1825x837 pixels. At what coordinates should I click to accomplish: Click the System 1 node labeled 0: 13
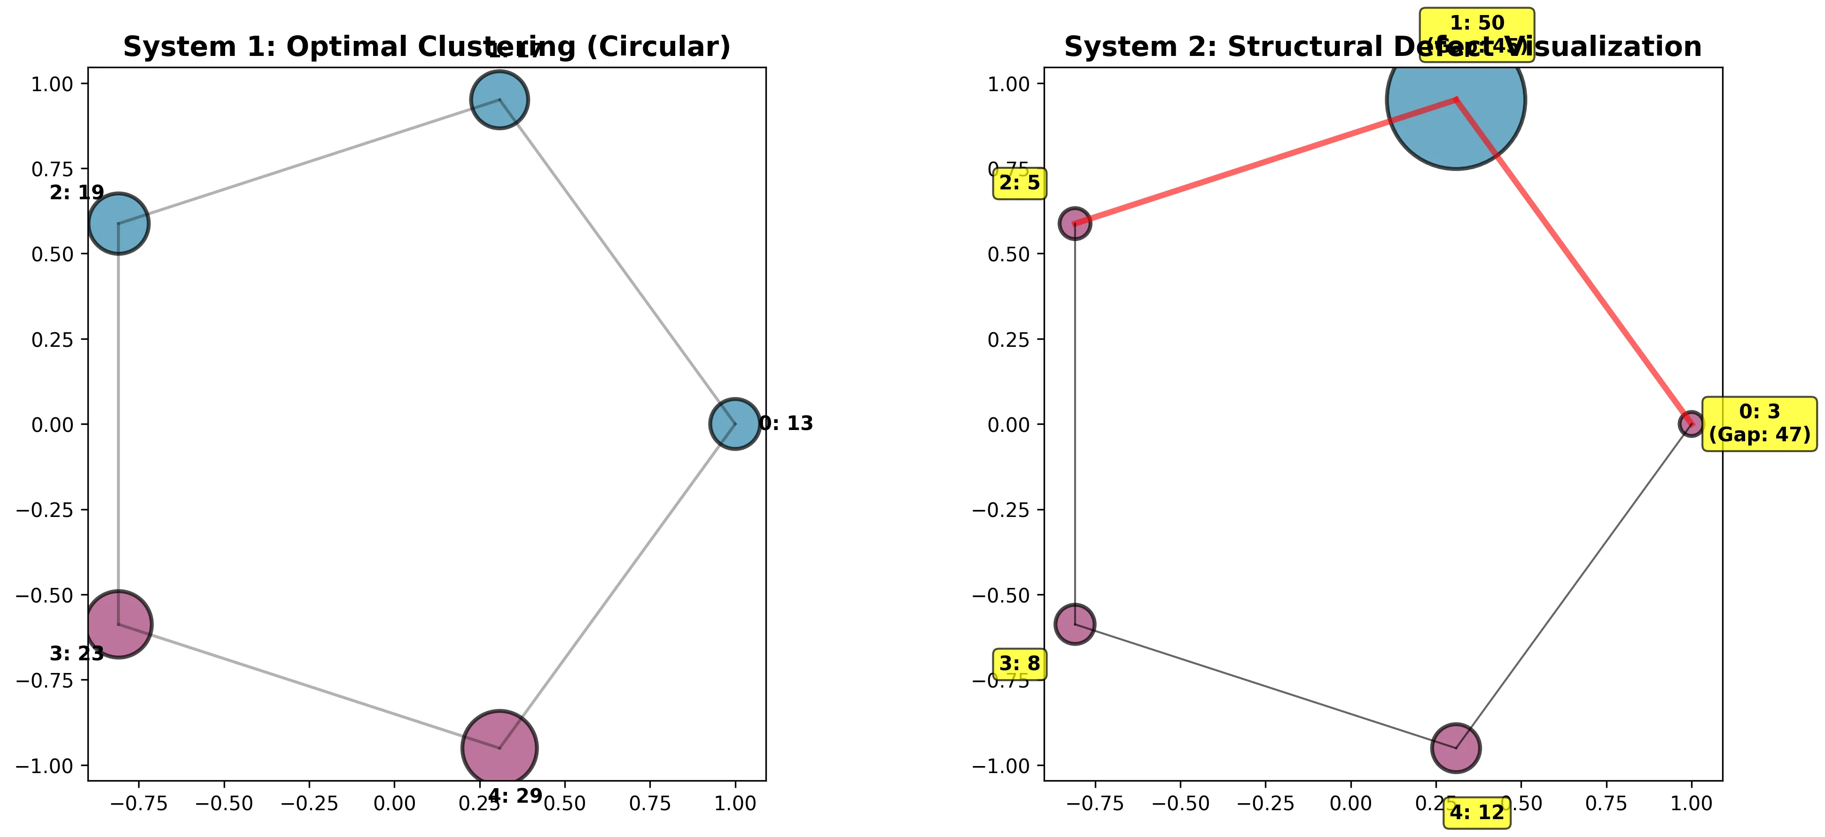tap(735, 424)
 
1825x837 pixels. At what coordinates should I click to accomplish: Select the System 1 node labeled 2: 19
tap(118, 223)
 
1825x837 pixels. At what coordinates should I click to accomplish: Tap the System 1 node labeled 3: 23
tap(118, 624)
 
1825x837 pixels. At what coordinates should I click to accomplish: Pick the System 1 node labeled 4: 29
tap(499, 748)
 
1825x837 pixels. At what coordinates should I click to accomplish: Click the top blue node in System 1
tap(499, 99)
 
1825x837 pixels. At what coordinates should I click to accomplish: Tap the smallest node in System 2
tap(1691, 424)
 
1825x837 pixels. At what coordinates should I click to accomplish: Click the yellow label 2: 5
tap(1020, 184)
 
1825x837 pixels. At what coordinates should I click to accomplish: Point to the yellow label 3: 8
tap(1020, 664)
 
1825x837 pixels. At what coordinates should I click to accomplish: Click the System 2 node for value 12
tap(1455, 748)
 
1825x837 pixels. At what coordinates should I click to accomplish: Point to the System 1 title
tap(427, 47)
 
